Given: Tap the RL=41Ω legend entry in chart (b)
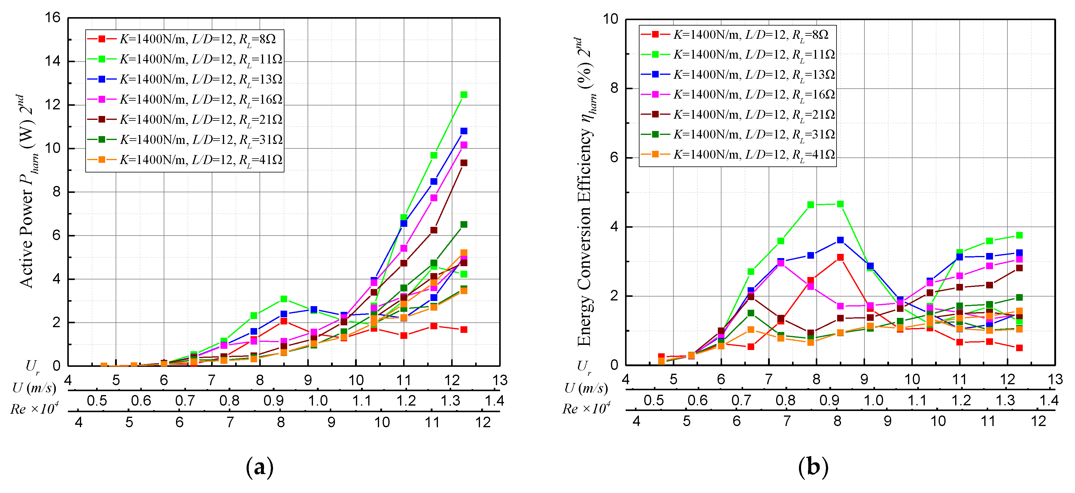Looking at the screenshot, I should pos(737,154).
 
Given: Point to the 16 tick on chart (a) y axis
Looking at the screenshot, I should pos(53,17).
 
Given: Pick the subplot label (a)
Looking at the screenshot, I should pos(260,467).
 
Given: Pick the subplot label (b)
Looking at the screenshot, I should pos(812,467).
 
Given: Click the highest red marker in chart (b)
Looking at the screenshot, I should pos(840,257).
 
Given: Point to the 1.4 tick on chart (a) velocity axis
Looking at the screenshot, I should pos(494,401).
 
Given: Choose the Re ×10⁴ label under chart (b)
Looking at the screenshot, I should pos(586,408).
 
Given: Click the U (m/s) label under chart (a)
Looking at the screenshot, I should pos(34,388).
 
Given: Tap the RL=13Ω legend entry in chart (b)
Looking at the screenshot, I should pos(737,74).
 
